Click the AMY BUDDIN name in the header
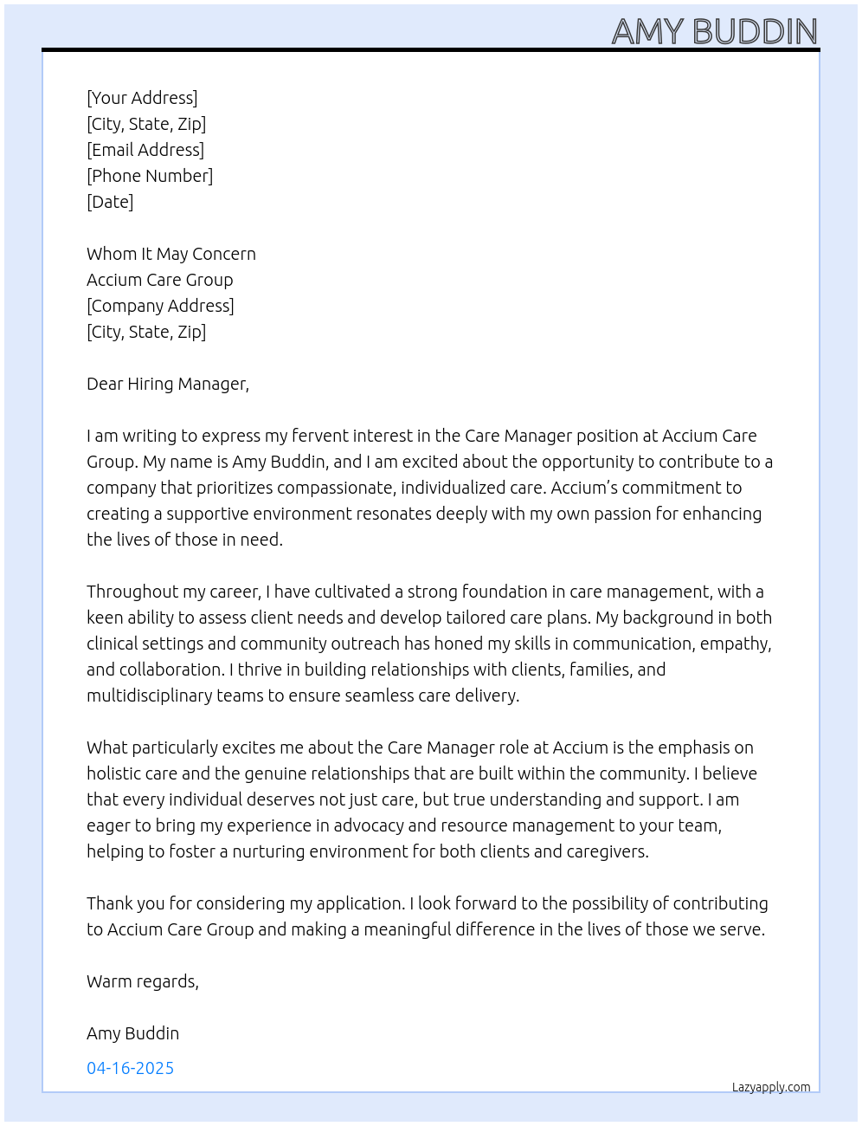(714, 32)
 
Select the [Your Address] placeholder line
(142, 98)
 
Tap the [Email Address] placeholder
(145, 150)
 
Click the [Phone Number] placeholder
(150, 176)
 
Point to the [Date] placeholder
(110, 202)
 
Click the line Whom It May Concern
(171, 254)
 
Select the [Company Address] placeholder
(160, 306)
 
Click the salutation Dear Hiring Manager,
(168, 384)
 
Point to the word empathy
(735, 644)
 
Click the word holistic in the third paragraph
(113, 773)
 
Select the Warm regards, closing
(143, 981)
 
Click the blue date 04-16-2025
(131, 1068)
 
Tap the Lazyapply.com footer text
(771, 1087)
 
